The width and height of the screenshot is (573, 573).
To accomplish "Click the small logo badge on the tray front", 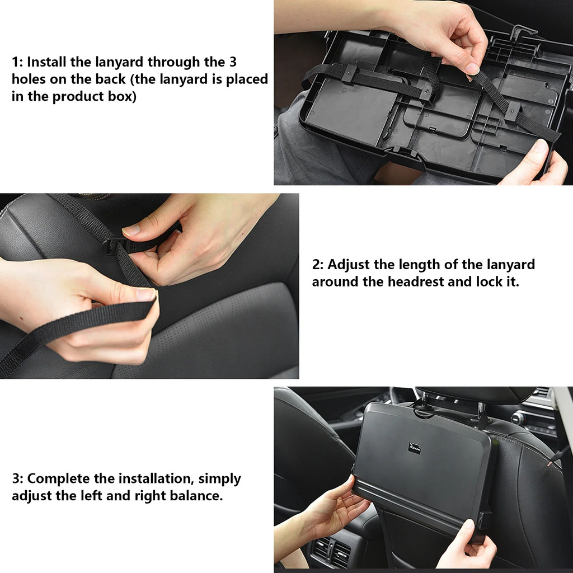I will (x=414, y=448).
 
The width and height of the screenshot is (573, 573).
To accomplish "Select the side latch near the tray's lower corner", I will (x=485, y=518).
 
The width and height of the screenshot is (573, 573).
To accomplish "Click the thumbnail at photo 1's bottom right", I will (x=541, y=147).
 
